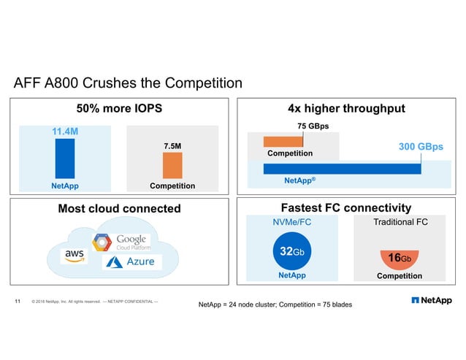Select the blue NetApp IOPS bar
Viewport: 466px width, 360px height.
[x=64, y=158]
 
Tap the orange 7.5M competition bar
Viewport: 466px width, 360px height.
[x=172, y=165]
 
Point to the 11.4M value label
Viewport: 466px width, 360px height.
[x=64, y=131]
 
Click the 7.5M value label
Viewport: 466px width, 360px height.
[x=172, y=146]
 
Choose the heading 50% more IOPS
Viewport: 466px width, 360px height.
[x=119, y=109]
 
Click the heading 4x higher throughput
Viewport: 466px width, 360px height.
[x=346, y=109]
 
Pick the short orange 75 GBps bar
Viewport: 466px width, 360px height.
[x=278, y=142]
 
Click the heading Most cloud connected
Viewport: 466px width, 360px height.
[x=119, y=209]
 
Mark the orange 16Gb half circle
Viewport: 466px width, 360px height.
[x=399, y=258]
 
